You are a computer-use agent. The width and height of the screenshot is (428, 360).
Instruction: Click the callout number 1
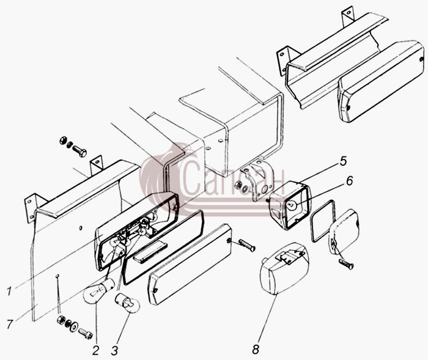pos(9,292)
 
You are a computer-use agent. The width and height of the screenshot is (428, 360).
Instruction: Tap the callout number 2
pos(95,350)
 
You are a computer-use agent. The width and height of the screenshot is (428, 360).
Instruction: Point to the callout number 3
pos(114,350)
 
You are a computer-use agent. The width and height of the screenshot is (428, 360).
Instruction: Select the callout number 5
pos(343,161)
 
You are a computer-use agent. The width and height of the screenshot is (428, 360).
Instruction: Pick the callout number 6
pos(349,181)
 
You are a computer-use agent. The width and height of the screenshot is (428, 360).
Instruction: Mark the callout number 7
pos(10,325)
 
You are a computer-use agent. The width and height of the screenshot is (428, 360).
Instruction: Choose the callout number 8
pos(256,349)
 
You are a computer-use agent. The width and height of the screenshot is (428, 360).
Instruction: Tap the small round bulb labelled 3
pos(128,303)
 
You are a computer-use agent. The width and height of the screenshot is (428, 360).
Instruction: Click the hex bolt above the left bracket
pos(79,151)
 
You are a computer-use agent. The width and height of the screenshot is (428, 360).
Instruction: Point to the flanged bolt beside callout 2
pos(86,334)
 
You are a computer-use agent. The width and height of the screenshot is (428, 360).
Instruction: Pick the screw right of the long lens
pos(247,245)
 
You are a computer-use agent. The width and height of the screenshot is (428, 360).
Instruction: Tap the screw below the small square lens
pos(347,263)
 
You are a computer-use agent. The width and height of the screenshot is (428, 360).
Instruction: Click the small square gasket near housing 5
pos(322,221)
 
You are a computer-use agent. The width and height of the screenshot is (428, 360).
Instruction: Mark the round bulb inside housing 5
pos(291,205)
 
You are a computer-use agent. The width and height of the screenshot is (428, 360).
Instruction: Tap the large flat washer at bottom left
pos(74,327)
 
